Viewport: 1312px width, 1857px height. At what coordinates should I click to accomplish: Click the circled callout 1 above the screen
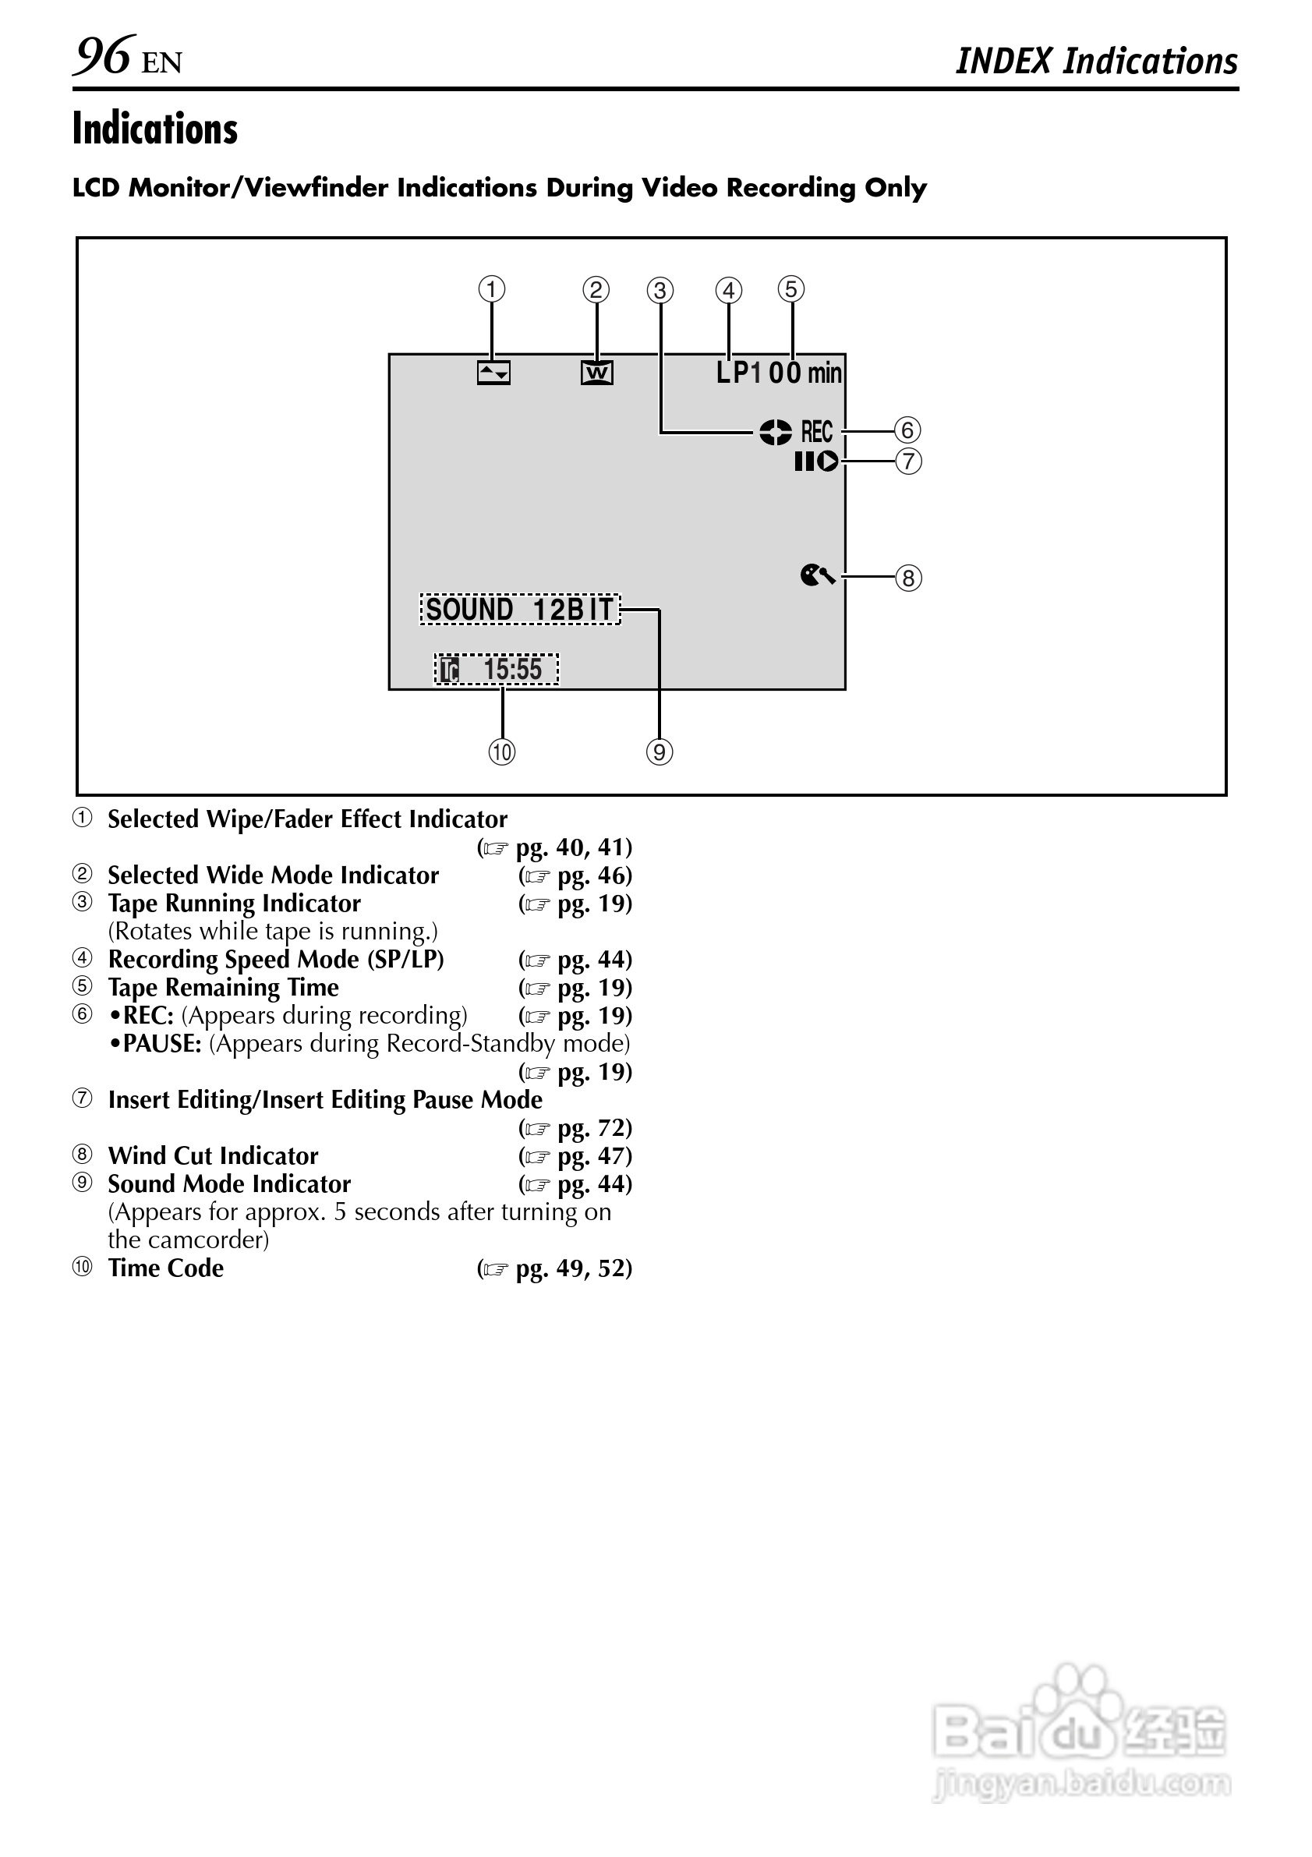pyautogui.click(x=492, y=288)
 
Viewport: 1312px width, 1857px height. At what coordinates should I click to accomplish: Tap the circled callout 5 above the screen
pyautogui.click(x=791, y=288)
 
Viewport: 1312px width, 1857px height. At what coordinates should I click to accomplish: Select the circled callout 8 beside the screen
pyautogui.click(x=908, y=578)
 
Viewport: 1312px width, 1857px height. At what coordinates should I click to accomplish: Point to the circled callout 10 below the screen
pyautogui.click(x=501, y=752)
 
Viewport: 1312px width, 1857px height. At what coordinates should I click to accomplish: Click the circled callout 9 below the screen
pyautogui.click(x=660, y=752)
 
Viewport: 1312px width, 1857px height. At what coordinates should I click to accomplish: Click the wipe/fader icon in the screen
pyautogui.click(x=493, y=373)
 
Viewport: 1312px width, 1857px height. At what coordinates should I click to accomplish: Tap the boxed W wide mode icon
pyautogui.click(x=597, y=373)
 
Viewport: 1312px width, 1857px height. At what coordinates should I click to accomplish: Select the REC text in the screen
pyautogui.click(x=817, y=432)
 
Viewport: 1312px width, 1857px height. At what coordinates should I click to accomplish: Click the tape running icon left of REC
pyautogui.click(x=775, y=432)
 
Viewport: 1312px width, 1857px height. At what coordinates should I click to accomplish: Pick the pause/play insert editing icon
pyautogui.click(x=816, y=461)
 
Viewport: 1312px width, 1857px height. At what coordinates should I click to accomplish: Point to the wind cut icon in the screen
pyautogui.click(x=817, y=575)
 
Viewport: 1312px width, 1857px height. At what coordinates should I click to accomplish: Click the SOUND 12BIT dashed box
pyautogui.click(x=519, y=609)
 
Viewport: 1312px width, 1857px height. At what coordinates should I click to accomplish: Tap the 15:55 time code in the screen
pyautogui.click(x=512, y=670)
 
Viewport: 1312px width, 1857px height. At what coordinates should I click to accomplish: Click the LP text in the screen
pyautogui.click(x=732, y=372)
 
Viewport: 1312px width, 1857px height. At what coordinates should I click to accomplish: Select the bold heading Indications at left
pyautogui.click(x=154, y=129)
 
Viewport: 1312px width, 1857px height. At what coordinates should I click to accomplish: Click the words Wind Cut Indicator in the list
pyautogui.click(x=213, y=1156)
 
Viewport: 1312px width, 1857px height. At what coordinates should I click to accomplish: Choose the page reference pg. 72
pyautogui.click(x=594, y=1127)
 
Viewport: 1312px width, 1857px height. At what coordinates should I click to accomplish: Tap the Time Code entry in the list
pyautogui.click(x=166, y=1268)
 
